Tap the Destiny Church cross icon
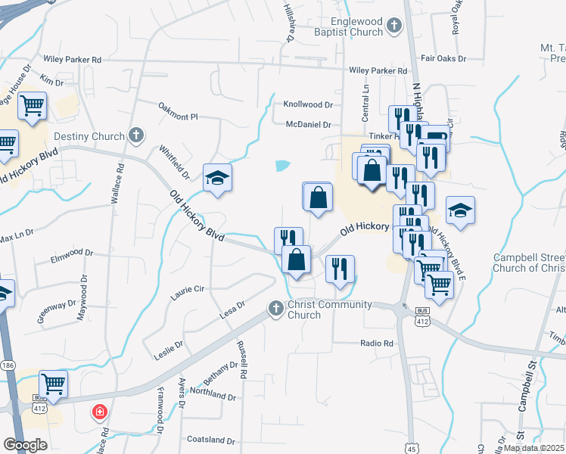(x=136, y=135)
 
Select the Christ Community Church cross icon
(x=275, y=308)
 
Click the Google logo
(x=25, y=445)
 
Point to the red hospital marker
(x=98, y=413)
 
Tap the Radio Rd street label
(x=378, y=343)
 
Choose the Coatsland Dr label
(x=211, y=440)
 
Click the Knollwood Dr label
(x=308, y=104)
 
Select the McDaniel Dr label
(x=309, y=124)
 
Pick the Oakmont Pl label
(x=178, y=117)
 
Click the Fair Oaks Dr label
(x=443, y=58)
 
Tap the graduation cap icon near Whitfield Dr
(x=218, y=179)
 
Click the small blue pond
(x=282, y=165)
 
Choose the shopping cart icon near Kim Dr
(x=33, y=107)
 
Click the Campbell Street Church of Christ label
(x=529, y=263)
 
